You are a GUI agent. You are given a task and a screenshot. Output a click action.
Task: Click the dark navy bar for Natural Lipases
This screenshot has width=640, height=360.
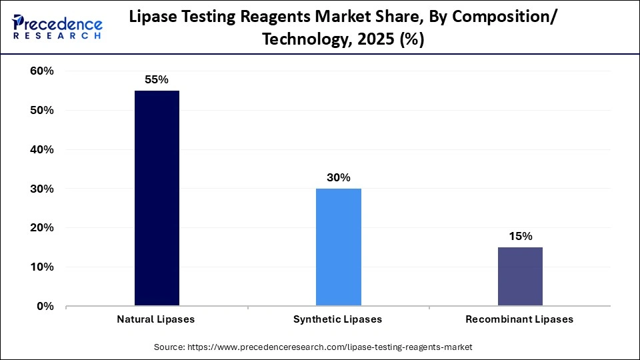157,198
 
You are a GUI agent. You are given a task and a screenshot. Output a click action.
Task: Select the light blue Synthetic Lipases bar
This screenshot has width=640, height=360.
338,247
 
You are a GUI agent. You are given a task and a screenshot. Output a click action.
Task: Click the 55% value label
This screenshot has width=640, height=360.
157,79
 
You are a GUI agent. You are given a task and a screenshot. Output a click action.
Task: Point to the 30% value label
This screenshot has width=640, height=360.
338,177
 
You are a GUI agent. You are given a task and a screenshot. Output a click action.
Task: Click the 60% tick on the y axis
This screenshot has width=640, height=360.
40,71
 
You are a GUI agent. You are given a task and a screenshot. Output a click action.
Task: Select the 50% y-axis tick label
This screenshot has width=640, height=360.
40,111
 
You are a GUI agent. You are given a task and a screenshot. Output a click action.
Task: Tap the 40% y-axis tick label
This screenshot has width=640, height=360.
40,150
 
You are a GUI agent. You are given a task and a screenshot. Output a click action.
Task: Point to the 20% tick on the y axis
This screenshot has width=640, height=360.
40,228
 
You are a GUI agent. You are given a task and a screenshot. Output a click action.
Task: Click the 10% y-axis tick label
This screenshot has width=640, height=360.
40,267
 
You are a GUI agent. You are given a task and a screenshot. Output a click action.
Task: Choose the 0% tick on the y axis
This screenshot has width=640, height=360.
43,307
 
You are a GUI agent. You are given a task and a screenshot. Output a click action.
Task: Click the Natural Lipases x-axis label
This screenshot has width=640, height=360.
157,319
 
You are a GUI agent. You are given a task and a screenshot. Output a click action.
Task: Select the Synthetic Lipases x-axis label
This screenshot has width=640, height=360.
338,319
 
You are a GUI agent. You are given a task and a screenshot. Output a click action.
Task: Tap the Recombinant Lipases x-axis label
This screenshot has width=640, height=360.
519,319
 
